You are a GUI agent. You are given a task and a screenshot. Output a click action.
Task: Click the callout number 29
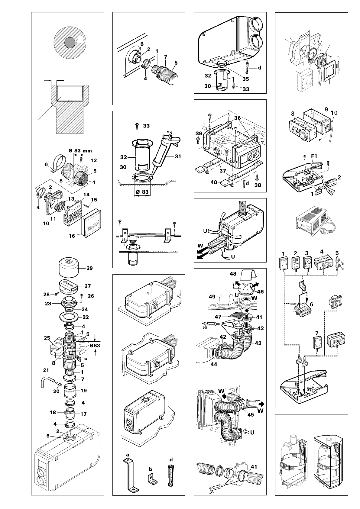click(89, 268)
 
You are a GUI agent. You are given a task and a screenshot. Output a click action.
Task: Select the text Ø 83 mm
click(80, 151)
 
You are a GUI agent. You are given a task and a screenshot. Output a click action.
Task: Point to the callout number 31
click(178, 156)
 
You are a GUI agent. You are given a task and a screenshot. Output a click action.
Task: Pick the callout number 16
click(72, 236)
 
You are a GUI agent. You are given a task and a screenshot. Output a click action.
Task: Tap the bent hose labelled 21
click(46, 380)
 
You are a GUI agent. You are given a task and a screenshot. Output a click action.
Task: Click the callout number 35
click(246, 79)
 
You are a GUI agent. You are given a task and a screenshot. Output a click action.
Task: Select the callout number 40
click(214, 182)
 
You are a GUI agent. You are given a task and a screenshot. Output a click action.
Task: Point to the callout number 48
click(233, 274)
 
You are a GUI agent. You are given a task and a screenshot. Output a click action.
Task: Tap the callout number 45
click(251, 415)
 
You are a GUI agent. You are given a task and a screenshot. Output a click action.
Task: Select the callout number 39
click(199, 133)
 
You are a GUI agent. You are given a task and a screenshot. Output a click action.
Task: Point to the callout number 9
click(326, 109)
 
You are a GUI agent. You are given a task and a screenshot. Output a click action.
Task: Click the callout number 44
click(214, 364)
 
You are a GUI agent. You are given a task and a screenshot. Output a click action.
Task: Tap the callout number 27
click(88, 286)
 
